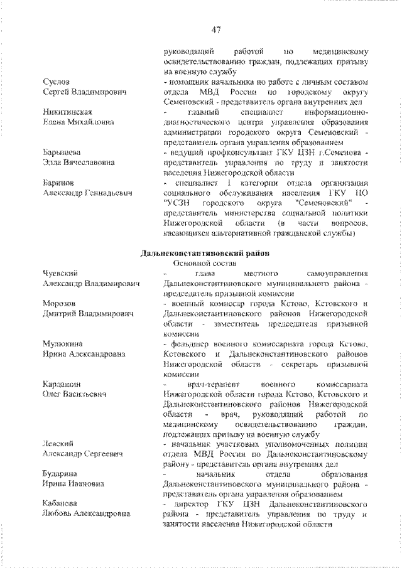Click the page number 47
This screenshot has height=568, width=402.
[x=215, y=29]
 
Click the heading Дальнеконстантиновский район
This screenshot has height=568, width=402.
[x=205, y=253]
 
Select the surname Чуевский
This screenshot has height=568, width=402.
[x=60, y=274]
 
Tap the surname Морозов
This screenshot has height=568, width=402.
[x=59, y=303]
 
